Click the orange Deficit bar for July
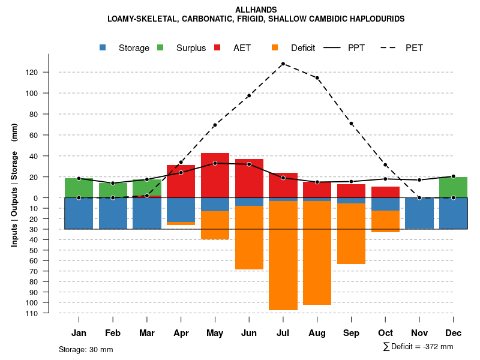pos(283,255)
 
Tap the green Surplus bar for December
pos(453,187)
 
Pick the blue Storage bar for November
pos(419,213)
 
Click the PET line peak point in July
pos(283,64)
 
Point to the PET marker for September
pos(351,124)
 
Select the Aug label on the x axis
pos(317,333)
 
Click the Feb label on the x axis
pos(113,333)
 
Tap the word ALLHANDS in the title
pos(256,10)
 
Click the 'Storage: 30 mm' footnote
pos(86,349)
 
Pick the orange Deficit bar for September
pos(351,234)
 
